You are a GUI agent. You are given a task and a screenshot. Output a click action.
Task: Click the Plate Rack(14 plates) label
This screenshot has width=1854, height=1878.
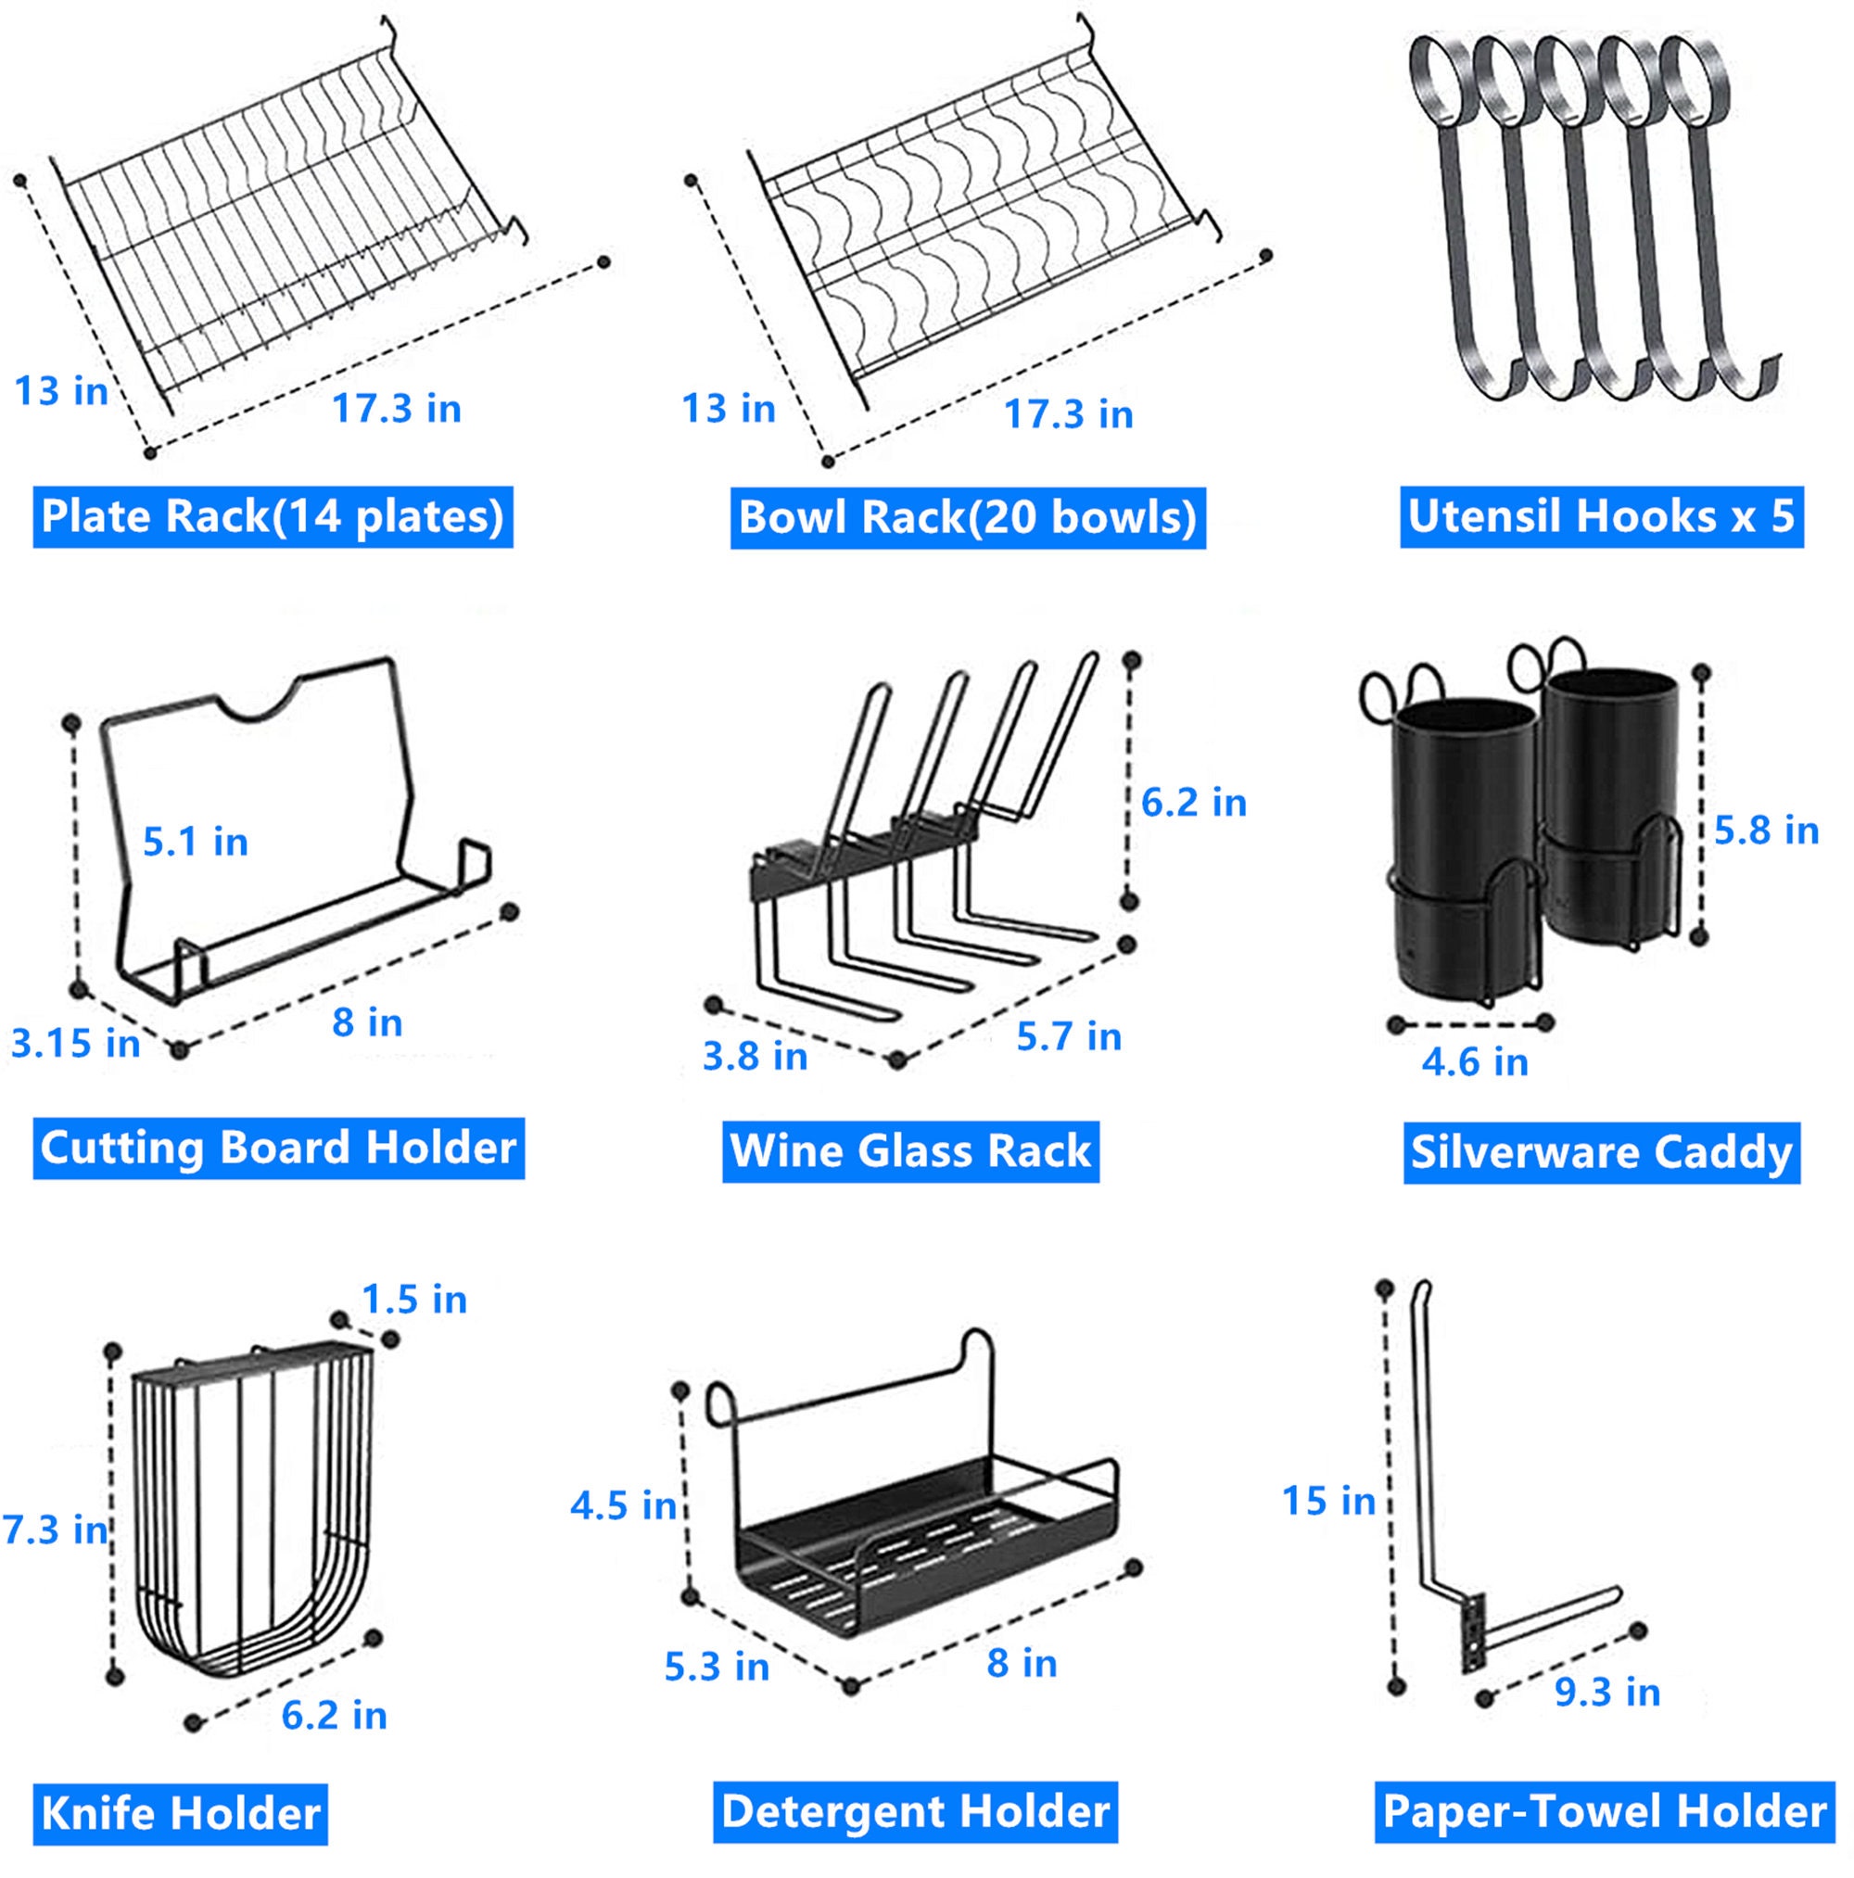pyautogui.click(x=273, y=516)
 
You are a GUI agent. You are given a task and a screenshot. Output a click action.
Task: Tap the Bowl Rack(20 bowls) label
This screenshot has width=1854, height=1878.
pyautogui.click(x=968, y=517)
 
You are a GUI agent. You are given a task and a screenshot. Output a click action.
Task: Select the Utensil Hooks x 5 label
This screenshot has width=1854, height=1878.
pyautogui.click(x=1600, y=516)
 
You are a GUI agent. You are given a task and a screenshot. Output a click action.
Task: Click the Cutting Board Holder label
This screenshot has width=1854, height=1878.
pyautogui.click(x=278, y=1148)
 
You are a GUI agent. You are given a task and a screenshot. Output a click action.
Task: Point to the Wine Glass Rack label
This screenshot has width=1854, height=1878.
pyautogui.click(x=910, y=1151)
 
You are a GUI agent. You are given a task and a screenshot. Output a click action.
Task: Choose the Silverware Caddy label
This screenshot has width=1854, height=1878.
pyautogui.click(x=1600, y=1152)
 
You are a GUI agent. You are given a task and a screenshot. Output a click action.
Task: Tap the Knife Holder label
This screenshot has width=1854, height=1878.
pyautogui.click(x=180, y=1814)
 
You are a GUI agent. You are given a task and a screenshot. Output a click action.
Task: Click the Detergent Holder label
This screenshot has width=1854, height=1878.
pyautogui.click(x=915, y=1812)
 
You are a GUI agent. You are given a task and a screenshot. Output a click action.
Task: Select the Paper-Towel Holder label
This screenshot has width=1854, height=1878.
pyautogui.click(x=1603, y=1812)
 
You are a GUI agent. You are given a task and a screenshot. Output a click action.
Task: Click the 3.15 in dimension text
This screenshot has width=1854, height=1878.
pyautogui.click(x=75, y=1043)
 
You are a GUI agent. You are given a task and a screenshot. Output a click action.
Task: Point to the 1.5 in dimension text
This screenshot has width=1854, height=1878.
pyautogui.click(x=414, y=1299)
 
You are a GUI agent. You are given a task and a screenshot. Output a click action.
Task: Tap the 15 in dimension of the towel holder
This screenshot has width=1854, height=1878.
pyautogui.click(x=1328, y=1500)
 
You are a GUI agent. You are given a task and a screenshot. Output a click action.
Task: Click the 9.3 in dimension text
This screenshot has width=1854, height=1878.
pyautogui.click(x=1606, y=1692)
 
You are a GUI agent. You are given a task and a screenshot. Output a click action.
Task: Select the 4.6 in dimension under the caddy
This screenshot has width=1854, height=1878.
pyautogui.click(x=1474, y=1061)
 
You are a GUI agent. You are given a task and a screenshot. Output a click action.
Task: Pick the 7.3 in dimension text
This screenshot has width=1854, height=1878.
pyautogui.click(x=56, y=1529)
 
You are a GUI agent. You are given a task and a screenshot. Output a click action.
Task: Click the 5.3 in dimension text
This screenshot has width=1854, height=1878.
pyautogui.click(x=717, y=1666)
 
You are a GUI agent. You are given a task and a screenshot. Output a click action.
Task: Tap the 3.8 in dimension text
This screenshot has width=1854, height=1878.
pyautogui.click(x=755, y=1056)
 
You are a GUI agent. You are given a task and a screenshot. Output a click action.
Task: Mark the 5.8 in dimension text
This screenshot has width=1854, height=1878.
pyautogui.click(x=1766, y=831)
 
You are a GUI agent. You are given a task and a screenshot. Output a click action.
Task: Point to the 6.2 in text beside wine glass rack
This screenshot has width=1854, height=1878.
pyautogui.click(x=1193, y=802)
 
